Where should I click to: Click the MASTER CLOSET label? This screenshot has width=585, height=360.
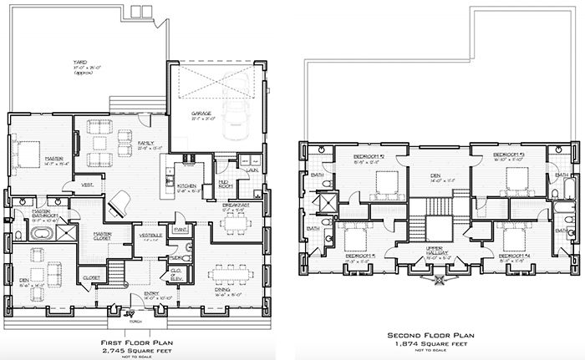point(103,235)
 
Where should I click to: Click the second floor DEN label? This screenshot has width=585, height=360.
point(437,175)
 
